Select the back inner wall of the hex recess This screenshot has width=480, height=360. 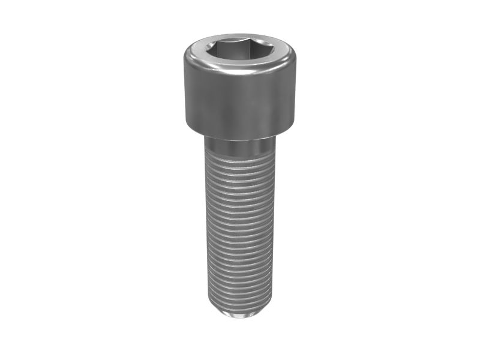click(x=239, y=44)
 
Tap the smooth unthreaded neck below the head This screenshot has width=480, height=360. click(x=239, y=144)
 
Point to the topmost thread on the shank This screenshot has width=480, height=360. click(x=239, y=155)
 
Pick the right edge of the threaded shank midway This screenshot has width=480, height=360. click(x=274, y=228)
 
